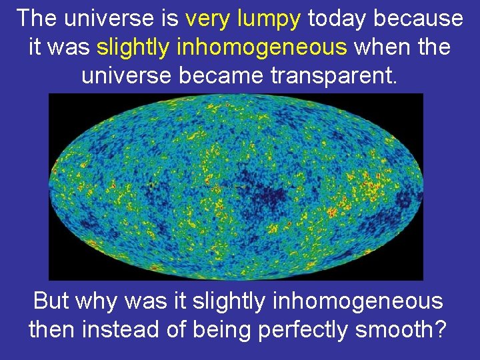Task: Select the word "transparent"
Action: pos(336,75)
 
